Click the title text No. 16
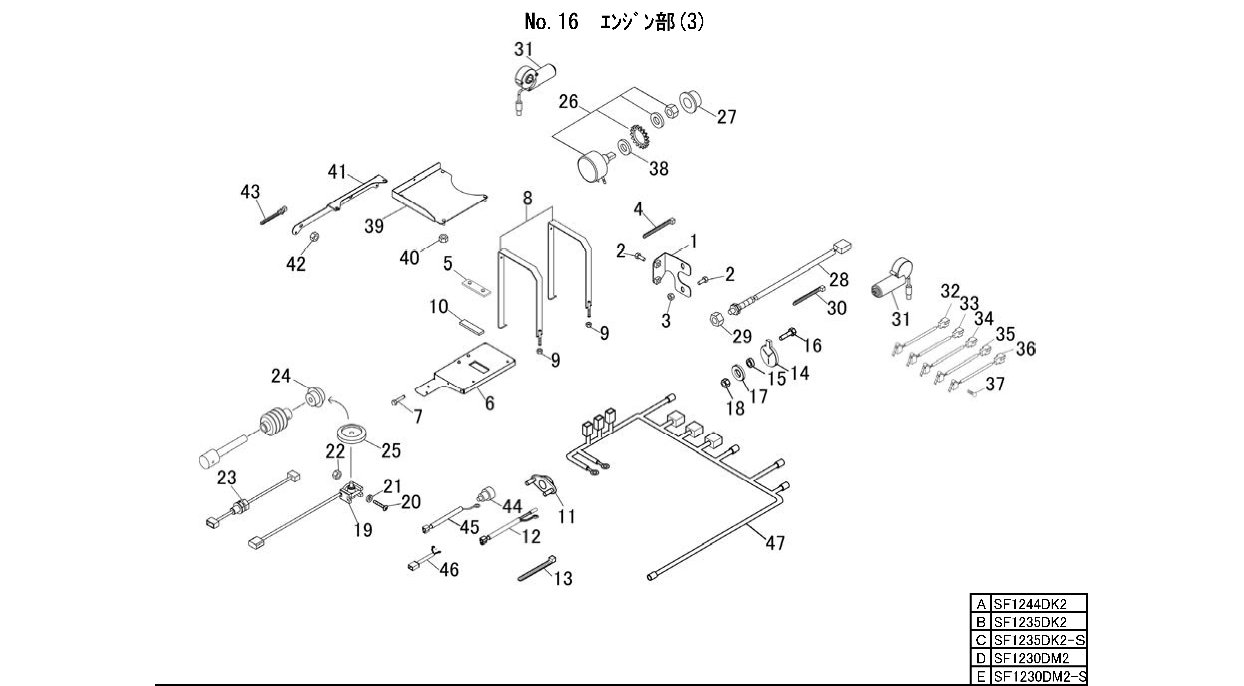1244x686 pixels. (551, 23)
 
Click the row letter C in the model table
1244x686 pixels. (981, 640)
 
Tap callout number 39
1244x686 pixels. (374, 225)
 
